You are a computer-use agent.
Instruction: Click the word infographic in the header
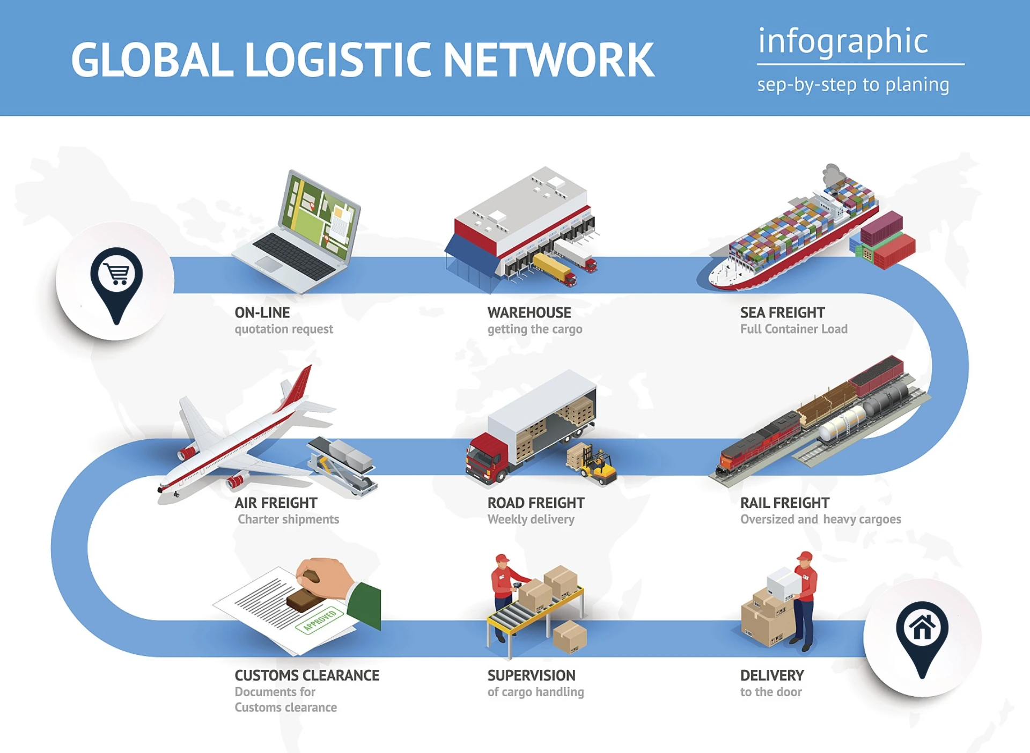pos(843,42)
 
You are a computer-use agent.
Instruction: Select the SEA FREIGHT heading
pos(782,313)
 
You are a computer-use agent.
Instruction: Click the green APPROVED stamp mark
pos(320,620)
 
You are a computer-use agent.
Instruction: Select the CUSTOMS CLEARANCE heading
pos(307,675)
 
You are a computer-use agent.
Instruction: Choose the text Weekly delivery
pos(531,519)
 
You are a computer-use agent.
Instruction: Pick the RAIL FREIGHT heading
pos(784,503)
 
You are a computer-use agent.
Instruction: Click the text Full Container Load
pos(793,329)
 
